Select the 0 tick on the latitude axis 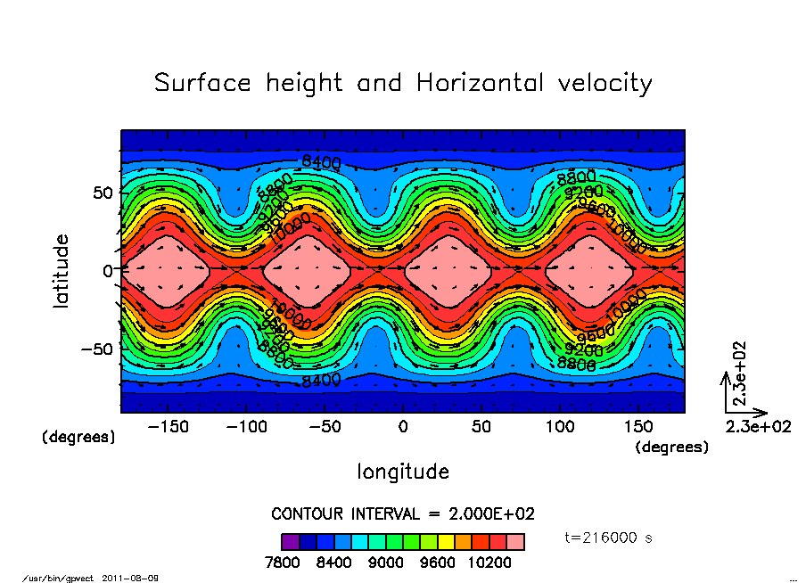tap(108, 270)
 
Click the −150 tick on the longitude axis tap(168, 427)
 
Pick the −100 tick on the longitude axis tap(246, 427)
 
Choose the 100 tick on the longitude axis tap(561, 427)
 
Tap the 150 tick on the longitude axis tap(639, 427)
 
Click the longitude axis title tap(403, 471)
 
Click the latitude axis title tap(62, 271)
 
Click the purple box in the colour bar tap(290, 541)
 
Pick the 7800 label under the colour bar tap(283, 562)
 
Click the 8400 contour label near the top tap(321, 161)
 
